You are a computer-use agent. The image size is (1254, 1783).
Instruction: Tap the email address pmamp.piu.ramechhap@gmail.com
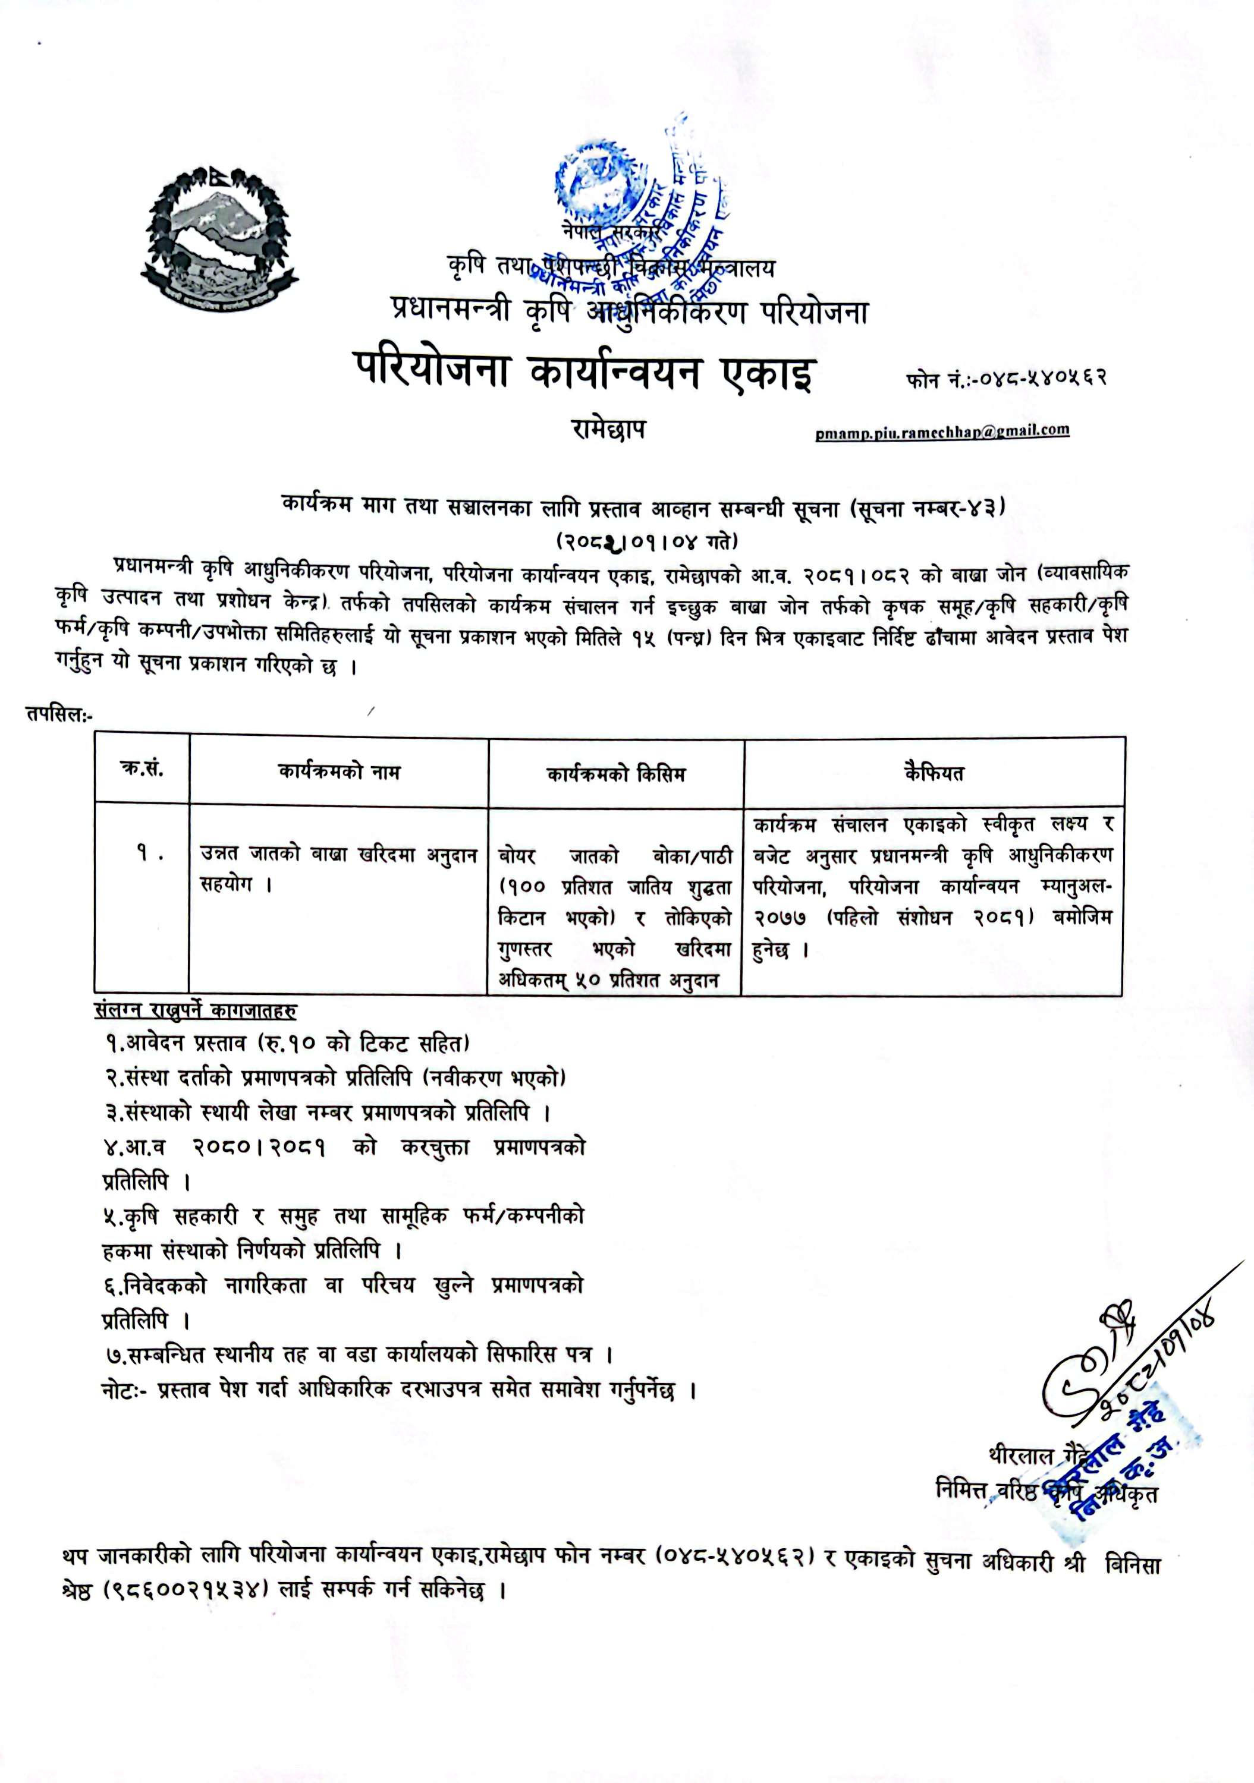point(942,431)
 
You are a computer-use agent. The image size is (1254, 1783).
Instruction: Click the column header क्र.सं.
point(142,770)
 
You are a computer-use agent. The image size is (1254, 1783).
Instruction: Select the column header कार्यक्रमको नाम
point(339,772)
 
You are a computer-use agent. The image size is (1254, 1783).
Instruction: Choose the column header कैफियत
point(934,773)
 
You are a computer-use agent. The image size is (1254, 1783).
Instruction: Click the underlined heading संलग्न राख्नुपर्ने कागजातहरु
point(195,1010)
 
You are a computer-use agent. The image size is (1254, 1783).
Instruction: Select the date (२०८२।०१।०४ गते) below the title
point(646,539)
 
